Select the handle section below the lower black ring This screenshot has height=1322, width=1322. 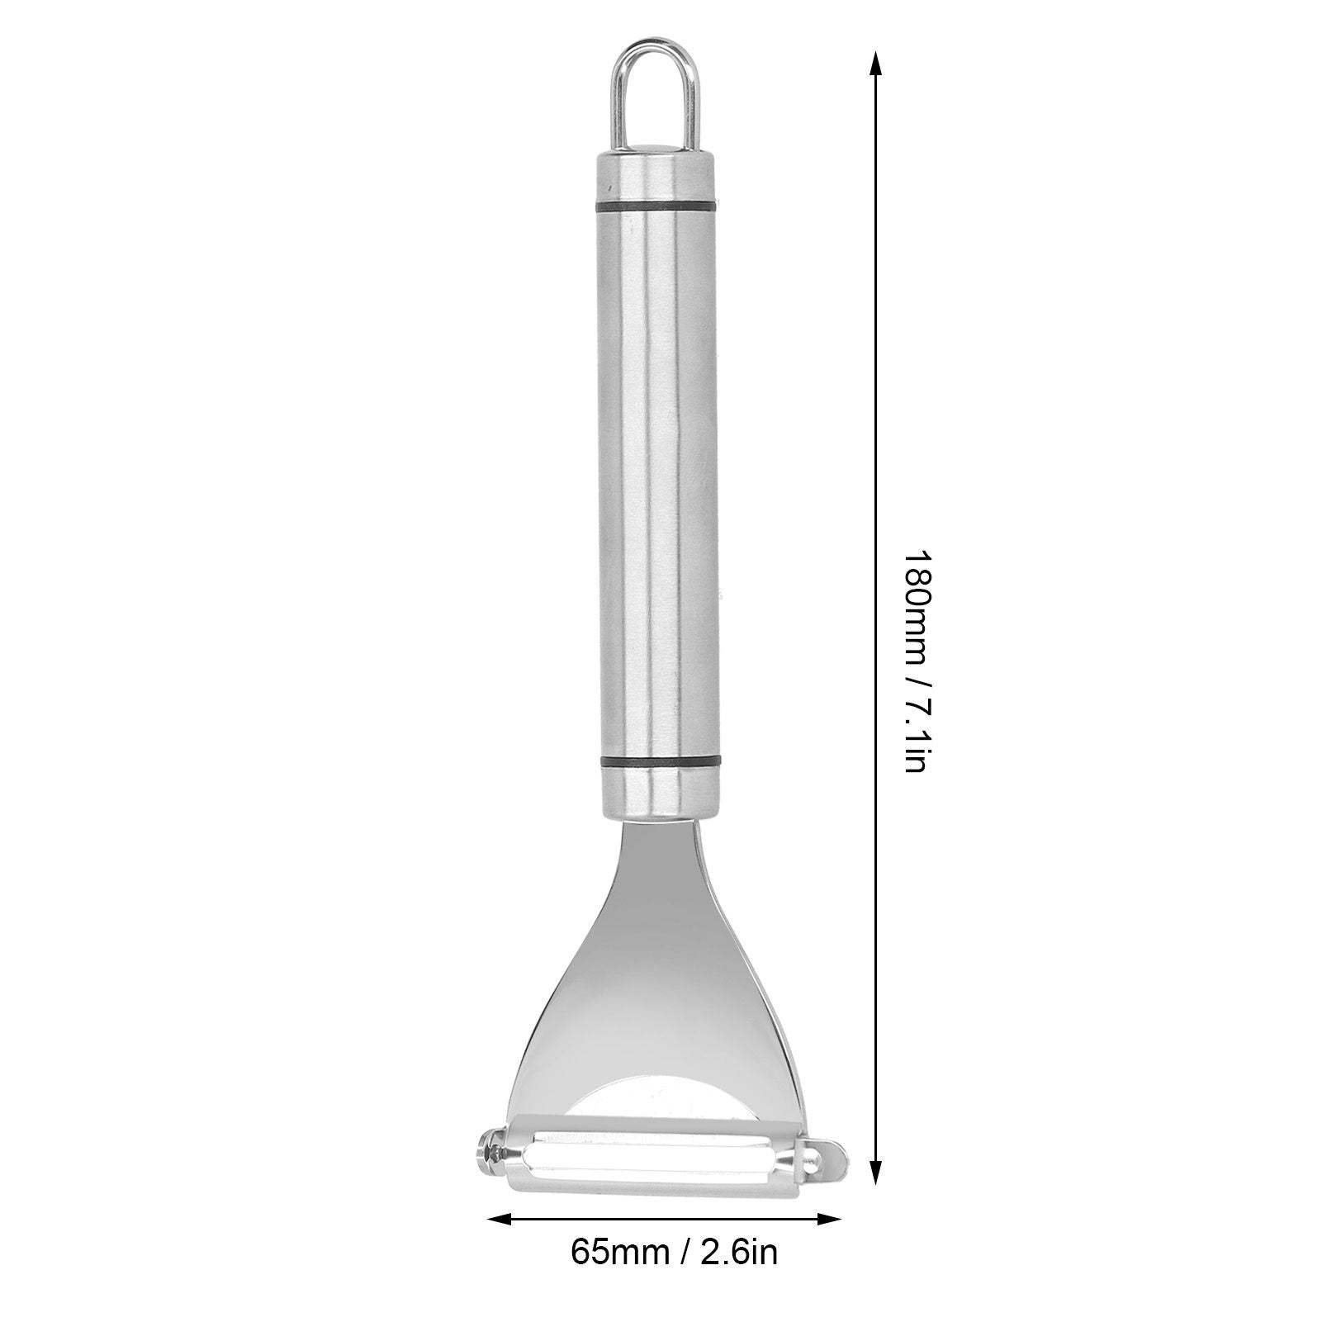[660, 793]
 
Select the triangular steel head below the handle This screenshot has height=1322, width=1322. [661, 974]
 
